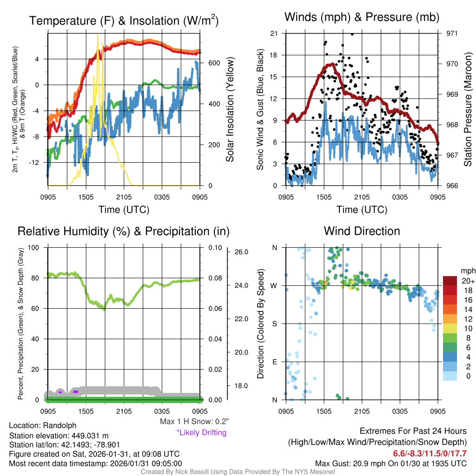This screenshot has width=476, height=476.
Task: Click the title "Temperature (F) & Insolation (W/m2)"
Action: [x=124, y=20]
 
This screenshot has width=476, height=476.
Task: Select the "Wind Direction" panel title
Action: [x=362, y=231]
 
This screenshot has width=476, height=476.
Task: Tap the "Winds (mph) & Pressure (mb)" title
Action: [x=362, y=18]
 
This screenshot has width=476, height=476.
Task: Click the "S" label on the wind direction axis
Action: [x=274, y=324]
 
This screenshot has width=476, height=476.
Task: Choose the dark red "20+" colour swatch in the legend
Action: [x=450, y=281]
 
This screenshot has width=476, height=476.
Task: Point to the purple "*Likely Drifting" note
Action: [x=201, y=433]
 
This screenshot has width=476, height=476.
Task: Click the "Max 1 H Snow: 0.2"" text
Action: [x=194, y=422]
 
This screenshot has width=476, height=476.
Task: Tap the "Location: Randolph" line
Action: [x=43, y=425]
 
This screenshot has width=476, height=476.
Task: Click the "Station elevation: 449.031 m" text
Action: [x=59, y=436]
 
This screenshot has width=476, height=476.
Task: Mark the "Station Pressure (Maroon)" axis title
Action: [x=469, y=110]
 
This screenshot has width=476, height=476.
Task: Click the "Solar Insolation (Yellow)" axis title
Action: [x=230, y=110]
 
